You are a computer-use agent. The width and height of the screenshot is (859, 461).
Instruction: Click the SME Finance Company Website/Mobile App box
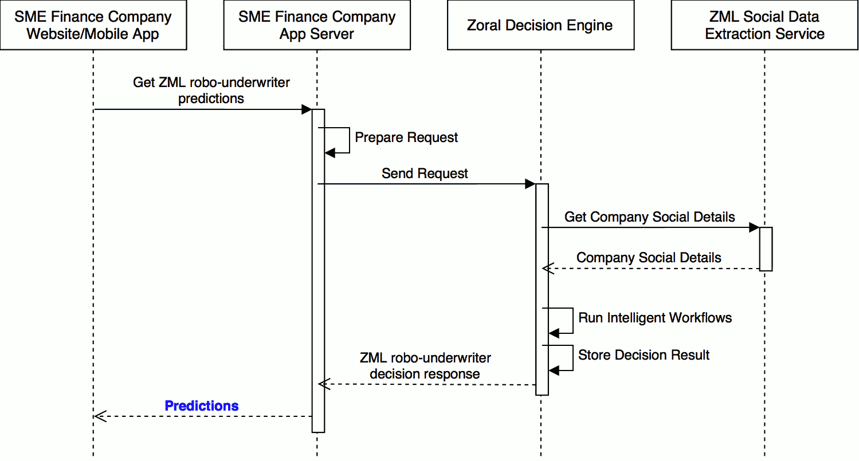(93, 25)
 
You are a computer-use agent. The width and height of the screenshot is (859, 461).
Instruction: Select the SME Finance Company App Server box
(317, 25)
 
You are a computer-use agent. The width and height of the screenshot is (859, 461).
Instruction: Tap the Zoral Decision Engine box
(540, 25)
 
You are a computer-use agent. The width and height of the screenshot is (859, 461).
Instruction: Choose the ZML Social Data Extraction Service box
(764, 25)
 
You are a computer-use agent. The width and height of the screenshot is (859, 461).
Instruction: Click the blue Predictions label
(202, 406)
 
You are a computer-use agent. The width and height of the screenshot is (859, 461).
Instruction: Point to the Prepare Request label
(406, 137)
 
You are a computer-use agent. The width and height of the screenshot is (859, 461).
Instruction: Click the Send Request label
(425, 174)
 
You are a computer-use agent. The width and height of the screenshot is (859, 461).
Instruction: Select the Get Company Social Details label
(649, 217)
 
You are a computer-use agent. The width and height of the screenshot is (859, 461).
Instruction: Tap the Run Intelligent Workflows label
(655, 318)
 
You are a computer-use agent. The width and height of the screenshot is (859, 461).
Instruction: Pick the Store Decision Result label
(644, 355)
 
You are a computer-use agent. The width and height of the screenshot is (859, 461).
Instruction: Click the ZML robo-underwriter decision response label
(425, 366)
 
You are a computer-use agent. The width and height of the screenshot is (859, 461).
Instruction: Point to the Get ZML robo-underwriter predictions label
(211, 90)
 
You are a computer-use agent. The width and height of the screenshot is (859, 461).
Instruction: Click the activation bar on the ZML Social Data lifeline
(766, 249)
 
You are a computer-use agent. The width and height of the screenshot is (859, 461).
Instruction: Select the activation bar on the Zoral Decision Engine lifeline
(542, 289)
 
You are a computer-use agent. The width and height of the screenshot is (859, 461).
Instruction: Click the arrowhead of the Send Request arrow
(530, 184)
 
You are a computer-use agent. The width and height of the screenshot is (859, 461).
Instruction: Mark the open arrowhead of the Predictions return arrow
(100, 416)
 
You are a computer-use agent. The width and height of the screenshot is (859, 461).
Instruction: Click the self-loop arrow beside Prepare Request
(348, 140)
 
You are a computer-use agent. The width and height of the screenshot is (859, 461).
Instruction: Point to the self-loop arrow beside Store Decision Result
(572, 358)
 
